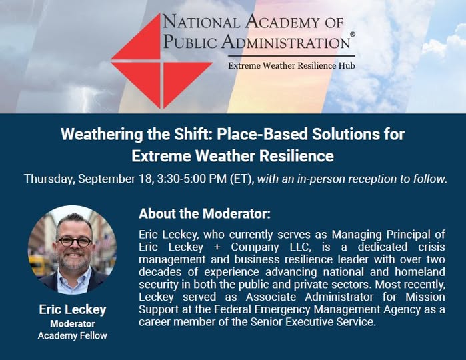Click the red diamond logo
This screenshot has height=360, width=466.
point(161,61)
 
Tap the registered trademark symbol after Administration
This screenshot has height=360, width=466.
point(353,35)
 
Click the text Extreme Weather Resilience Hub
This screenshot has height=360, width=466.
point(291,66)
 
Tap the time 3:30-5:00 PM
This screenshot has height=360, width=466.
point(192,179)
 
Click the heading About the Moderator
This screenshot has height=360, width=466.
point(205,214)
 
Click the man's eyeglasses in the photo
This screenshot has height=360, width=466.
point(75,241)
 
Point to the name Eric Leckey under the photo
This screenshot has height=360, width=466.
point(73,309)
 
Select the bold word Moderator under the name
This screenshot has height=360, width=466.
point(73,323)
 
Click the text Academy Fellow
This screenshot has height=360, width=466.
point(73,335)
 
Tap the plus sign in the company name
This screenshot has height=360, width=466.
point(217,247)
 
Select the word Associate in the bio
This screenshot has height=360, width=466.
point(271,297)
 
